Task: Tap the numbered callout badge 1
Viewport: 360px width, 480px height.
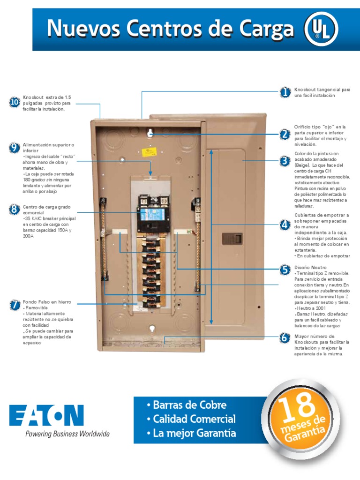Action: pos(285,92)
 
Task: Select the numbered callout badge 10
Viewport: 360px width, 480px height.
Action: pos(15,102)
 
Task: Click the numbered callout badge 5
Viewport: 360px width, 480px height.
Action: pos(285,269)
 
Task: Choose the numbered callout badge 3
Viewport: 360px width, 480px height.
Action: pos(285,161)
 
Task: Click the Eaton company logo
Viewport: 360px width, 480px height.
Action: pos(47,415)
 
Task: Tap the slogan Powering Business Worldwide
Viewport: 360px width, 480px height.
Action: pos(67,434)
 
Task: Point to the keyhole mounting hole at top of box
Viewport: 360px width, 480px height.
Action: pos(150,134)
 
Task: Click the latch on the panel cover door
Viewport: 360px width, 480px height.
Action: pos(231,239)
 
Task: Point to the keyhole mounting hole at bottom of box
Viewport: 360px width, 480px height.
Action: pos(151,329)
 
